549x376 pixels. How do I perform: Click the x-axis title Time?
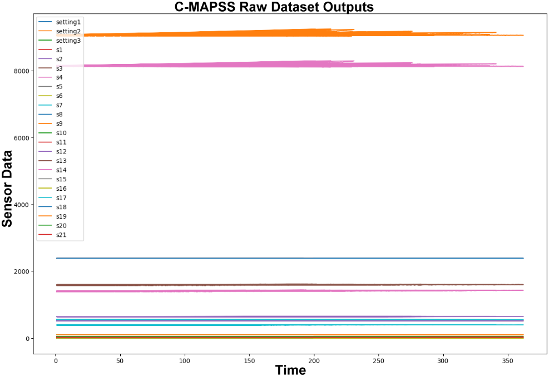point(290,369)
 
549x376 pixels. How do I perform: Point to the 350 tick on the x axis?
point(508,362)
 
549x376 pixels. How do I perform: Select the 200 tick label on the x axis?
point(314,362)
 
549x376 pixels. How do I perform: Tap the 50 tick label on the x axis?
point(120,362)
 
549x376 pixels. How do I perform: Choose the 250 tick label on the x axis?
point(379,362)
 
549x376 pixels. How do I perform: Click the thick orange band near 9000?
point(278,33)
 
